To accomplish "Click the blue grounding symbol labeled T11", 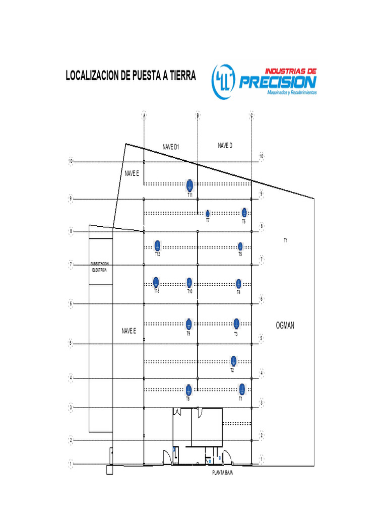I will click(x=189, y=184).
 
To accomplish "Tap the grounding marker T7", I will click(x=208, y=214).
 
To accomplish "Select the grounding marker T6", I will click(x=244, y=212).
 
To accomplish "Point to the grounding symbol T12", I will click(x=157, y=246).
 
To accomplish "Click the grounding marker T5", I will click(x=240, y=246).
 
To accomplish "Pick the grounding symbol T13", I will click(x=156, y=282).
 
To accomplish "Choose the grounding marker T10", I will click(x=189, y=282).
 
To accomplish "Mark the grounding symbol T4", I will click(x=239, y=283).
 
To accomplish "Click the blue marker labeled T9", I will click(x=188, y=324).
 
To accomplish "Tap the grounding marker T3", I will click(x=236, y=323).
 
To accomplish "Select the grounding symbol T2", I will click(x=233, y=360).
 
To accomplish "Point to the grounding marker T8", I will click(x=188, y=389).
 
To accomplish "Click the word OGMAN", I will click(x=285, y=326).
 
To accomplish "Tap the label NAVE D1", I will click(x=171, y=147).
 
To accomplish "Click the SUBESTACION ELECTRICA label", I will click(x=99, y=267).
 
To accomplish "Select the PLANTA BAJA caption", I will click(x=222, y=473).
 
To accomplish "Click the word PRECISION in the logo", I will click(x=277, y=82).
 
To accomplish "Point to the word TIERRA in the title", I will click(x=178, y=76).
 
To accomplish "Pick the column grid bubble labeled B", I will click(x=198, y=116).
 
